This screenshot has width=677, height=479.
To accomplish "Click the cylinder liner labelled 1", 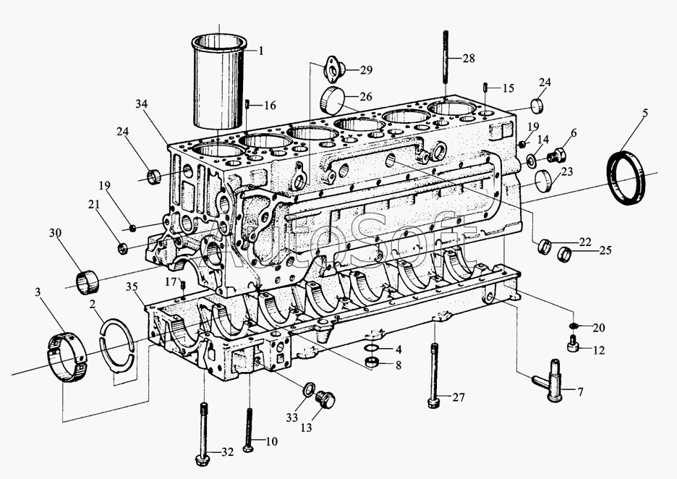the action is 218,82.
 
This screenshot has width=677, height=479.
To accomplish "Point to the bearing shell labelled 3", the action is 66,357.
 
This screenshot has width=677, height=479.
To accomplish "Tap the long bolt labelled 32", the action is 203,433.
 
